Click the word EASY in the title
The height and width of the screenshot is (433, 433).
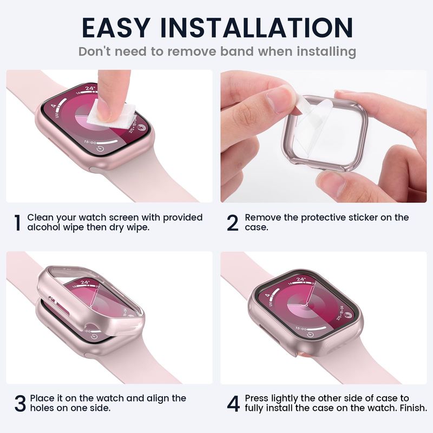tap(116, 28)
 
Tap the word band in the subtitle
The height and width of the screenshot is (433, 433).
tap(237, 51)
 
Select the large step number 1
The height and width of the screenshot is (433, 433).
tap(18, 223)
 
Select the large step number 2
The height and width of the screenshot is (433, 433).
tap(232, 223)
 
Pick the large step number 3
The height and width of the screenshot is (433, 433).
tap(20, 403)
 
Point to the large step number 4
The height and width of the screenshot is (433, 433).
tap(233, 403)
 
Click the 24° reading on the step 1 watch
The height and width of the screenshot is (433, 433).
tap(90, 88)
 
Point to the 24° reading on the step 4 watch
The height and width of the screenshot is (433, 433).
tap(301, 280)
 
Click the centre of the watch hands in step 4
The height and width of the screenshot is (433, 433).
tap(306, 305)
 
